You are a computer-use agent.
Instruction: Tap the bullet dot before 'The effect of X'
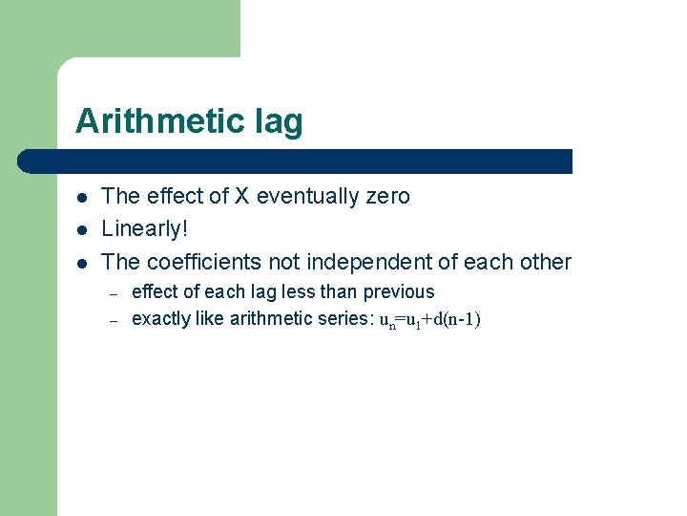point(83,198)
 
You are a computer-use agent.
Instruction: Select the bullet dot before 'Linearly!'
point(83,230)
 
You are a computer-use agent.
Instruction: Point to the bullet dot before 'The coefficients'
point(83,263)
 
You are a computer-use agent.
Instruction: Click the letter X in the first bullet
point(242,197)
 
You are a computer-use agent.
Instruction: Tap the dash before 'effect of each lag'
point(112,293)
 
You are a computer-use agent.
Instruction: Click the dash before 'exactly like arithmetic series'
point(112,320)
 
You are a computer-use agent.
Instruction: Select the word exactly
point(160,319)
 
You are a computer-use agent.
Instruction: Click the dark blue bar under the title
point(296,161)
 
